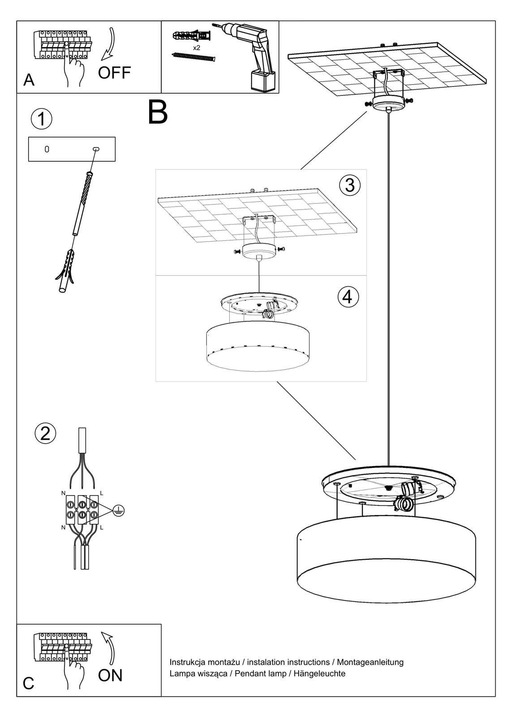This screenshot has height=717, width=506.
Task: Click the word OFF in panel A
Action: point(114,72)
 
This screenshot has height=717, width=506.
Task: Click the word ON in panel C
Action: point(110,675)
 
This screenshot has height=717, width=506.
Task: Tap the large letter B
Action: point(158,112)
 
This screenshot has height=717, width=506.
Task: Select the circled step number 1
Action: point(42,119)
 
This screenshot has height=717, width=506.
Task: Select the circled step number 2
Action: point(45,433)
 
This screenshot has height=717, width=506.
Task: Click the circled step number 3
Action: point(350,185)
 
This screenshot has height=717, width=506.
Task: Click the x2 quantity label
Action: point(197,48)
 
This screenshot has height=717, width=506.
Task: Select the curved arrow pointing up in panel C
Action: point(109,647)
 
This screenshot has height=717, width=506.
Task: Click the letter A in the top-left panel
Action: point(29,80)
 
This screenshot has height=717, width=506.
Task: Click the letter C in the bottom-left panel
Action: point(28,683)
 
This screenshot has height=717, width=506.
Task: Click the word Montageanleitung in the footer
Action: point(370,662)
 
